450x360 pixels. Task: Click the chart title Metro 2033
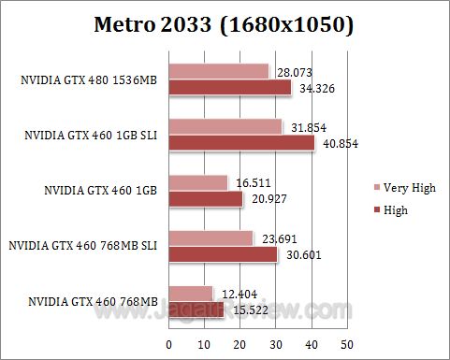click(224, 25)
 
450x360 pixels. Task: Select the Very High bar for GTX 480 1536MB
click(218, 72)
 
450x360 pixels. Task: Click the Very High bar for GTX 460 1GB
click(197, 181)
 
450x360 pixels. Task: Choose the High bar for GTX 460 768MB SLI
click(223, 253)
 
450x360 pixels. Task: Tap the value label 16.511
click(252, 181)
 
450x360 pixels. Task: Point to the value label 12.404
click(238, 293)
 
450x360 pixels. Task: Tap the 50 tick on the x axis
click(346, 345)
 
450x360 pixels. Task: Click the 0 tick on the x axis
click(169, 345)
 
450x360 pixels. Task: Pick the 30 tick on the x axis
click(275, 345)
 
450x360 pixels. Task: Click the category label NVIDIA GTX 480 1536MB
click(88, 81)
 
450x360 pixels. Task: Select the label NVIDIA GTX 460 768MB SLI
click(82, 246)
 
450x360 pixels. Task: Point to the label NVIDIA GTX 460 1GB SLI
click(91, 136)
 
